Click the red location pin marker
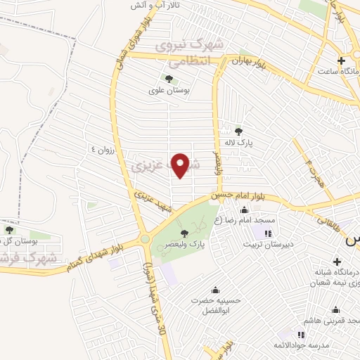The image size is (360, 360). pos(181,165)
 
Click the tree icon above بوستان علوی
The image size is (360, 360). pos(168,78)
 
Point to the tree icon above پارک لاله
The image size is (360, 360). pos(239,131)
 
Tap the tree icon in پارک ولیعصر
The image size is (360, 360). pos(185,233)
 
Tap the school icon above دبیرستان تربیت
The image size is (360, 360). pos(267,233)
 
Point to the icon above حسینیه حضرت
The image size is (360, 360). pos(215,289)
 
